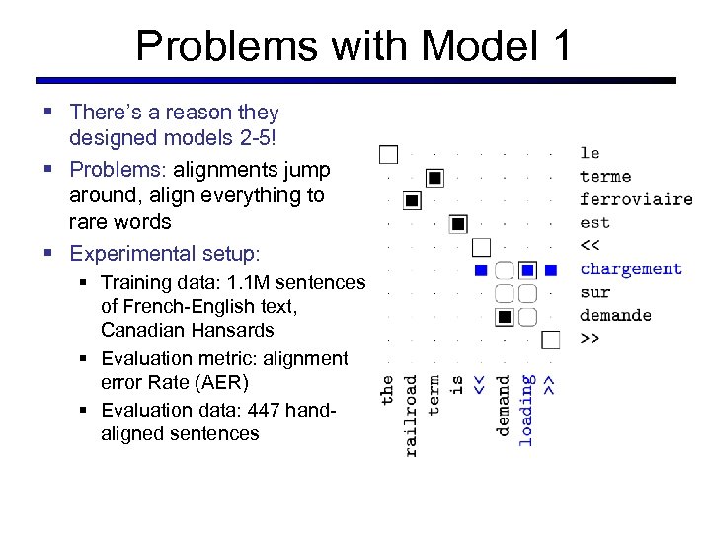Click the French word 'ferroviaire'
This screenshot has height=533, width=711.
(635, 199)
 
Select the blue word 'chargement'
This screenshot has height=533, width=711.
(630, 269)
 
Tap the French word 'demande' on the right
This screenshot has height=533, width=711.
(615, 315)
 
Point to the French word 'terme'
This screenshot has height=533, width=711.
(604, 177)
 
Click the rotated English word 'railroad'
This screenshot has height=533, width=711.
(411, 415)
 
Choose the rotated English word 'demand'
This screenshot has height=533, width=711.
(504, 406)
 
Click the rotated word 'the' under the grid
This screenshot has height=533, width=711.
(388, 388)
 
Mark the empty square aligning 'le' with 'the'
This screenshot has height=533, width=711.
(389, 154)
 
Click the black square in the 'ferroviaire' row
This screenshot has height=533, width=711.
(413, 200)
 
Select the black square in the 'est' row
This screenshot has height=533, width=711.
(458, 224)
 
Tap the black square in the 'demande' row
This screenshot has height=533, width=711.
(505, 316)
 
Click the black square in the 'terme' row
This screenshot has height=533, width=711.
(435, 178)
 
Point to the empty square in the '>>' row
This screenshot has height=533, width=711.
(551, 340)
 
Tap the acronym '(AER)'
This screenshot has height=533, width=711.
(218, 382)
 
